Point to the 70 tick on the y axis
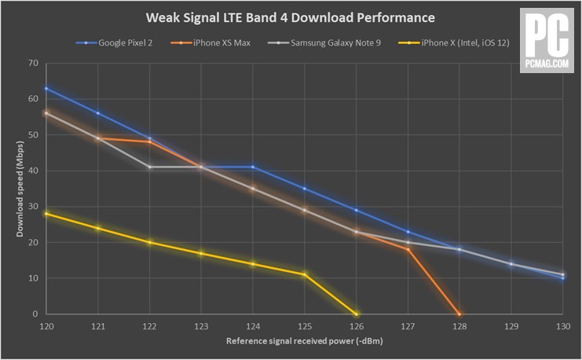click(32, 63)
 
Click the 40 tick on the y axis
click(32, 171)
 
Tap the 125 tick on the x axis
click(305, 325)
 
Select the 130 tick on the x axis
click(562, 325)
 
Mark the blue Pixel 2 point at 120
click(46, 89)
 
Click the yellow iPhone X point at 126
click(357, 314)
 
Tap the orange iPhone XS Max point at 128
click(459, 314)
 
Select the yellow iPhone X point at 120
click(46, 214)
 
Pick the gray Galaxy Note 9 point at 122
click(150, 167)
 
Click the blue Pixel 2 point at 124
click(253, 167)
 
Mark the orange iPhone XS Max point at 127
click(408, 249)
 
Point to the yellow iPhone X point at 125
click(305, 274)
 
